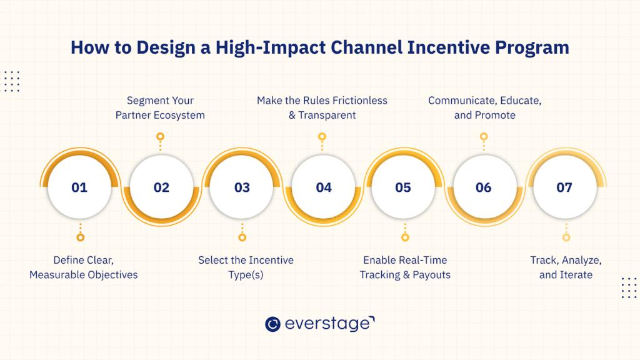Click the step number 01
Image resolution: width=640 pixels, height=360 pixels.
[x=79, y=187]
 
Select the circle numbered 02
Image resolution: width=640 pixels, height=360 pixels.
[x=161, y=187]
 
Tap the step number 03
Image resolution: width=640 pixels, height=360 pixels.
[x=242, y=187]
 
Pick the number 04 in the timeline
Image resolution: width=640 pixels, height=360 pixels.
[x=323, y=187]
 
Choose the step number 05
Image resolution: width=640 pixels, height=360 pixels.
[x=403, y=187]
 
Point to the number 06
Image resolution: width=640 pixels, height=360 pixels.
[x=483, y=187]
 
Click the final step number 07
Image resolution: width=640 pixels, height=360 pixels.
[x=564, y=187]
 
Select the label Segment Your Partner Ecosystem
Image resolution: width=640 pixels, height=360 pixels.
[x=160, y=107]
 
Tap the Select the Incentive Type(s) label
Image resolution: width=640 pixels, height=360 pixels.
[x=246, y=267]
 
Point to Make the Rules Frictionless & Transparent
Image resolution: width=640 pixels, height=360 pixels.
[x=322, y=107]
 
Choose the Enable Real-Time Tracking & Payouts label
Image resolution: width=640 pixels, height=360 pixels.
[x=405, y=267]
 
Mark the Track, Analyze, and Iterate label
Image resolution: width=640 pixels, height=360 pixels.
[x=566, y=267]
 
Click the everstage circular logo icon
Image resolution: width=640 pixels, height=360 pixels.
[x=272, y=324]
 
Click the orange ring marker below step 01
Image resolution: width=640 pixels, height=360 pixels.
[x=80, y=237]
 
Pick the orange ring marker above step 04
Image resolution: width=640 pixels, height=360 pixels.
[x=322, y=136]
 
